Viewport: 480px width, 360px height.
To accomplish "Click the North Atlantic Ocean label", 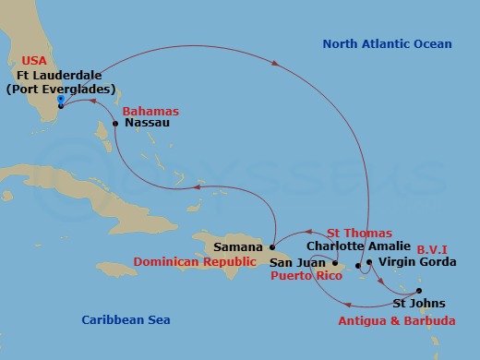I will point(386,43).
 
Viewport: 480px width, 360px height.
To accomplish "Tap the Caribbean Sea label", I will point(125,319).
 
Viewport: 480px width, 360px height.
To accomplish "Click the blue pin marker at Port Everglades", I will point(60,101).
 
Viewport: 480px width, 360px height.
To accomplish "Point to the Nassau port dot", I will point(115,123).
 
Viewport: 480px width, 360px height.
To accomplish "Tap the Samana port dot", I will point(272,246).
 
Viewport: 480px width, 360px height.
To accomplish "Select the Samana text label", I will point(238,247).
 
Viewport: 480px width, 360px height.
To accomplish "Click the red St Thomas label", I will point(359,234).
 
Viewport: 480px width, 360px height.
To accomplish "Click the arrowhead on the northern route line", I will point(276,63).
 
